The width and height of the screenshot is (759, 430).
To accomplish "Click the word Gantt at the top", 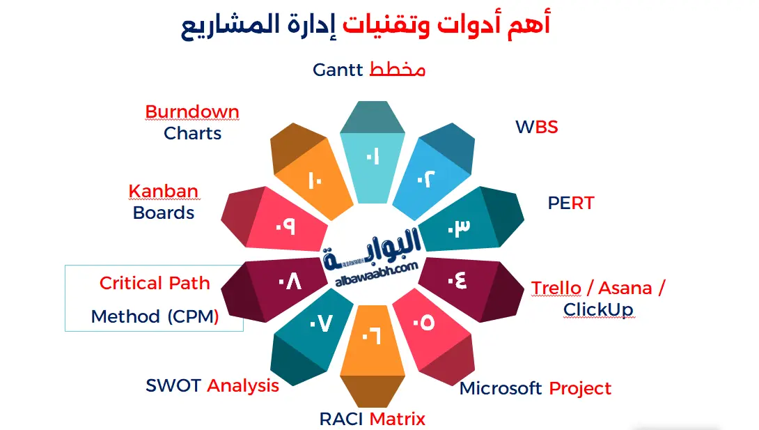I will (x=338, y=70).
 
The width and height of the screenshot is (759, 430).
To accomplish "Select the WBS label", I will (x=536, y=127).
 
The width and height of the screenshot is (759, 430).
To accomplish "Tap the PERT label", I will (x=570, y=203).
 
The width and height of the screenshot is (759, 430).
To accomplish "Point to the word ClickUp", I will (x=598, y=309).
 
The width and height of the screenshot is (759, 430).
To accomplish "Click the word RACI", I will (x=341, y=419).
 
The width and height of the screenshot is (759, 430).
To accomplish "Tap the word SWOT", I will (x=174, y=385).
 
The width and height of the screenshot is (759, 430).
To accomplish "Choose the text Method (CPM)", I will (x=155, y=316).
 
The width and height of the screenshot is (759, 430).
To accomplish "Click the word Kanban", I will (x=163, y=191).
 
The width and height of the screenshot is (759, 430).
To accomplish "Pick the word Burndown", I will (x=191, y=112).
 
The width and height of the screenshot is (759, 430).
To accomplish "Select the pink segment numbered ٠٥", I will (x=425, y=322).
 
